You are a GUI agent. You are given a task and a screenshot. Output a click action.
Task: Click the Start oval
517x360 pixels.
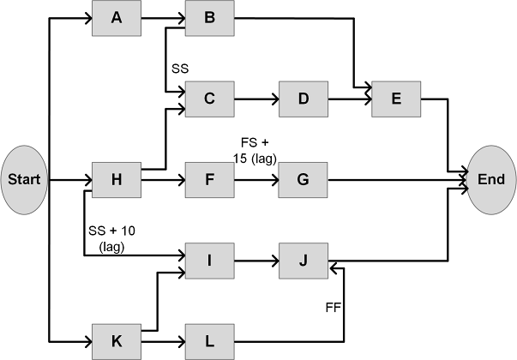tap(26, 180)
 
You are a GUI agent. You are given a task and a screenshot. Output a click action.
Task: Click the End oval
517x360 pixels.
tap(490, 180)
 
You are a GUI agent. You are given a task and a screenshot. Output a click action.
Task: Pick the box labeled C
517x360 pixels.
tap(208, 99)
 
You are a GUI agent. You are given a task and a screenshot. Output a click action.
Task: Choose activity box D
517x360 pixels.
tap(303, 99)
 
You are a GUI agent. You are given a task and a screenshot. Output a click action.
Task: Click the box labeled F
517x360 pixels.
tap(208, 180)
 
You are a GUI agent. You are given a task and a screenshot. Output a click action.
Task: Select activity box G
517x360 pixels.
tap(303, 180)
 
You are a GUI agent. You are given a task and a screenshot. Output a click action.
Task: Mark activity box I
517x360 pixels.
tap(208, 261)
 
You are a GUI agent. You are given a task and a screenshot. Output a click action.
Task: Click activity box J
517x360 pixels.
tap(303, 261)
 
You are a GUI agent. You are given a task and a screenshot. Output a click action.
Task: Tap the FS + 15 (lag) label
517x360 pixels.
tap(255, 149)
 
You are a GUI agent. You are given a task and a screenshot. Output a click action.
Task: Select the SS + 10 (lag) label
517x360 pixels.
tap(111, 238)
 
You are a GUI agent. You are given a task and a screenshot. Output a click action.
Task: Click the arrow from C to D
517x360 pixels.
tap(255, 99)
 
